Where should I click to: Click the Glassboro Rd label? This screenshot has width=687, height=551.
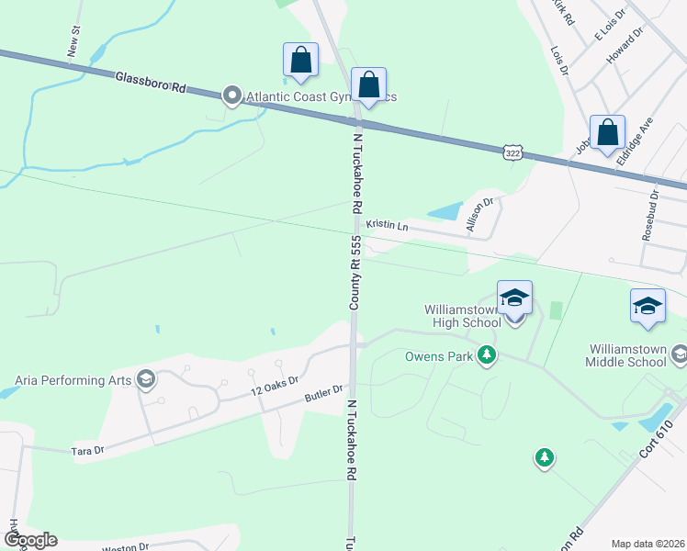pyautogui.click(x=152, y=82)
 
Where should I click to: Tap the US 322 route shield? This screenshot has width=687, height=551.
pyautogui.click(x=512, y=150)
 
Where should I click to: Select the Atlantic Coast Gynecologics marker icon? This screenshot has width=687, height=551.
pyautogui.click(x=232, y=96)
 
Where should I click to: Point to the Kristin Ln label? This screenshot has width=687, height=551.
pyautogui.click(x=387, y=224)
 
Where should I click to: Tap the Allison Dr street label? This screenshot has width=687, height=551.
pyautogui.click(x=480, y=215)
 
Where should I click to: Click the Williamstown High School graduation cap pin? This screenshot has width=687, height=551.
pyautogui.click(x=514, y=298)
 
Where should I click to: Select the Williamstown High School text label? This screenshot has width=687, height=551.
pyautogui.click(x=463, y=316)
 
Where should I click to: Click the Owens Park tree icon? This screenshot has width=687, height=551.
pyautogui.click(x=487, y=355)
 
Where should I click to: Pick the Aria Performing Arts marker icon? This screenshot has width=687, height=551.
pyautogui.click(x=144, y=379)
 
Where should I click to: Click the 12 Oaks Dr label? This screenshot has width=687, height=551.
pyautogui.click(x=276, y=386)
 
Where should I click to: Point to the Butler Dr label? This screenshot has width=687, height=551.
pyautogui.click(x=323, y=396)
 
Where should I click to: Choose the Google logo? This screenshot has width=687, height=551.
pyautogui.click(x=29, y=540)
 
